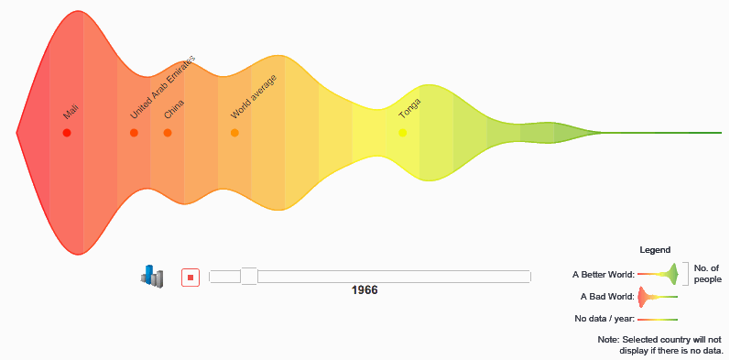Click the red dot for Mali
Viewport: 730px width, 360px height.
point(67,133)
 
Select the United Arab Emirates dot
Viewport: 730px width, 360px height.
point(134,133)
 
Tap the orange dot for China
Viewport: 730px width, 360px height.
point(168,133)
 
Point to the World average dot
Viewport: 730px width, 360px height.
point(234,133)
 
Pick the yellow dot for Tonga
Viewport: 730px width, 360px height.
point(403,133)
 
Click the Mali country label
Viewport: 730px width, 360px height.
point(71,113)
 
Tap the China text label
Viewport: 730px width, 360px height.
point(174,109)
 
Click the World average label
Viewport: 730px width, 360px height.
point(254,97)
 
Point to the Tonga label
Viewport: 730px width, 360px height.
point(409,109)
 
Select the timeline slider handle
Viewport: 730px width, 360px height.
point(249,276)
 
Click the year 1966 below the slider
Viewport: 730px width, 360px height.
point(365,290)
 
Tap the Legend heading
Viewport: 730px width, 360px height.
point(655,250)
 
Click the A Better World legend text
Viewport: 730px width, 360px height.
point(604,274)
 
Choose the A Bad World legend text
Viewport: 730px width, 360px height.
point(607,296)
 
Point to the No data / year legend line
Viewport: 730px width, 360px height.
point(658,320)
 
